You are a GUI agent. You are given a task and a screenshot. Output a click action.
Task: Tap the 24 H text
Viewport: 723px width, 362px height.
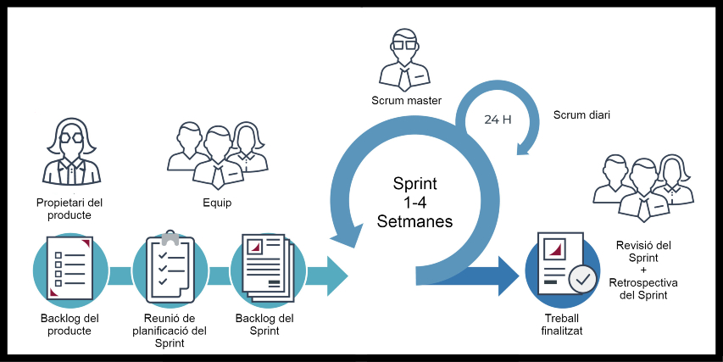coord(498,120)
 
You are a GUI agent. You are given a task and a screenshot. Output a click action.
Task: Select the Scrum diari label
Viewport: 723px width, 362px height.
coord(581,115)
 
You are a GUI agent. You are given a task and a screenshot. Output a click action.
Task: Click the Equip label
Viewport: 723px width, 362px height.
coord(217,203)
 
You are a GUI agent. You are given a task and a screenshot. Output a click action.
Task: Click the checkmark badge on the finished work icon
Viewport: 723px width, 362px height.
coord(582,279)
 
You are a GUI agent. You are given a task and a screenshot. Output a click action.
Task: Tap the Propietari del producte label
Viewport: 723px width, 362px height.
coord(70,209)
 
